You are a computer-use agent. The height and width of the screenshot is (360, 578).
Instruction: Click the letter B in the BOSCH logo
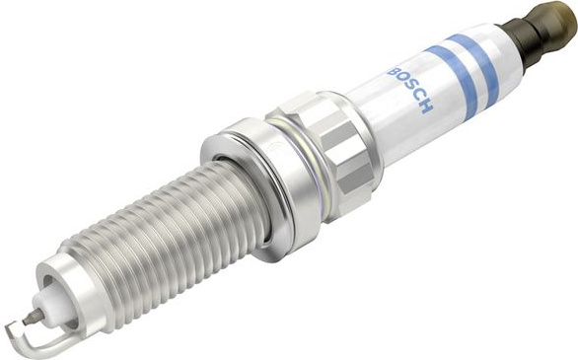point(393,71)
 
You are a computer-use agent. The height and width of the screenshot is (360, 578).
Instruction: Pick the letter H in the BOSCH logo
point(425,107)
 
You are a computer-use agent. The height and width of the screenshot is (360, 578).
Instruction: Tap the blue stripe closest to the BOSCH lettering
point(453,82)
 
